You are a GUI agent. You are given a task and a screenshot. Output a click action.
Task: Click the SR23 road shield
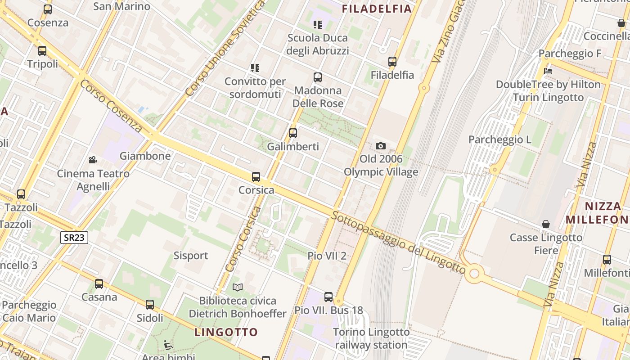click(x=74, y=237)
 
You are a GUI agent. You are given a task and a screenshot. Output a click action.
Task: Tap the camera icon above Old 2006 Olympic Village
click(x=381, y=146)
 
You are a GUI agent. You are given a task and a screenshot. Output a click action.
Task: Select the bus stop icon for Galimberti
click(x=293, y=133)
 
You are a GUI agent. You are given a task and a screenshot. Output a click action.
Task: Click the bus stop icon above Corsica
click(x=256, y=176)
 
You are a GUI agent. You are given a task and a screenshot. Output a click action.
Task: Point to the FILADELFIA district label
click(x=377, y=9)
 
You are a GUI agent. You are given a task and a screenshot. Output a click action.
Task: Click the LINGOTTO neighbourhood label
click(x=226, y=332)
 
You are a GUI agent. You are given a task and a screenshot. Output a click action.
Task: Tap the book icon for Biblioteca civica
click(x=237, y=287)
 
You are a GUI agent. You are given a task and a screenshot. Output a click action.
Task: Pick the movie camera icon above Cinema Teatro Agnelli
click(x=93, y=160)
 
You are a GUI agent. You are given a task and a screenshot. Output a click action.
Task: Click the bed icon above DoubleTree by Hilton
click(x=548, y=71)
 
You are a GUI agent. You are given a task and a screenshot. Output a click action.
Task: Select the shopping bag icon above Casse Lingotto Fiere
click(x=546, y=224)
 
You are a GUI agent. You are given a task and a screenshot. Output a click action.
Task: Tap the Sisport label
click(x=191, y=256)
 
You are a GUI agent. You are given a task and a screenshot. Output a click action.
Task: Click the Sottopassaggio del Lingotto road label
click(x=399, y=242)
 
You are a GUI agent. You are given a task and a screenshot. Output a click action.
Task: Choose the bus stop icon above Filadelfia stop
click(x=392, y=62)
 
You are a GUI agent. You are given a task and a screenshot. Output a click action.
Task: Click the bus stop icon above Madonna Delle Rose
click(x=318, y=77)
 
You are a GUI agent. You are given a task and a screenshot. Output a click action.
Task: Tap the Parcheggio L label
click(x=499, y=139)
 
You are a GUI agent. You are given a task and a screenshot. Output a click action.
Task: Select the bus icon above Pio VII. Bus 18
click(x=328, y=297)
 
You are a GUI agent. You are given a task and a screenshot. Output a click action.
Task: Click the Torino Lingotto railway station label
click(x=371, y=338)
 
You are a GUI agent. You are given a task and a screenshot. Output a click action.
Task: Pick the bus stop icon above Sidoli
click(x=150, y=304)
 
